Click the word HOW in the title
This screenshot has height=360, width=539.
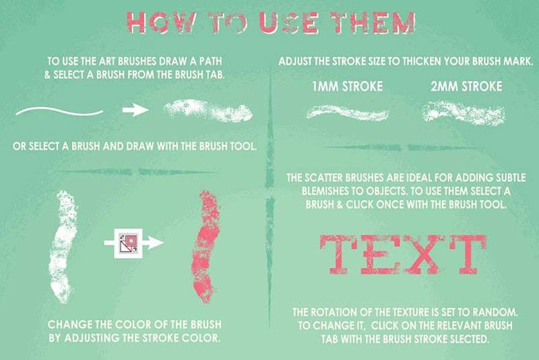[159, 23]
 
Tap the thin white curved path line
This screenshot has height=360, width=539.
[59, 111]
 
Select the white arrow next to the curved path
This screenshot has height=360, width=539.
[135, 110]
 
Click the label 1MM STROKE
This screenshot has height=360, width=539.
[347, 86]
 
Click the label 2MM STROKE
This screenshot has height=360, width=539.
[466, 86]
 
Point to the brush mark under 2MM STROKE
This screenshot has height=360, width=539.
[464, 111]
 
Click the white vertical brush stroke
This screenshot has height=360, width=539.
[63, 246]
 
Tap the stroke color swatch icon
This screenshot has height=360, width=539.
[128, 243]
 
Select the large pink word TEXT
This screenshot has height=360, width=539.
[403, 254]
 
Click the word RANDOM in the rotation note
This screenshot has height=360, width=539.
[495, 312]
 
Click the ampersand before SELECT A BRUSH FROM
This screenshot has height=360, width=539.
[47, 75]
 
